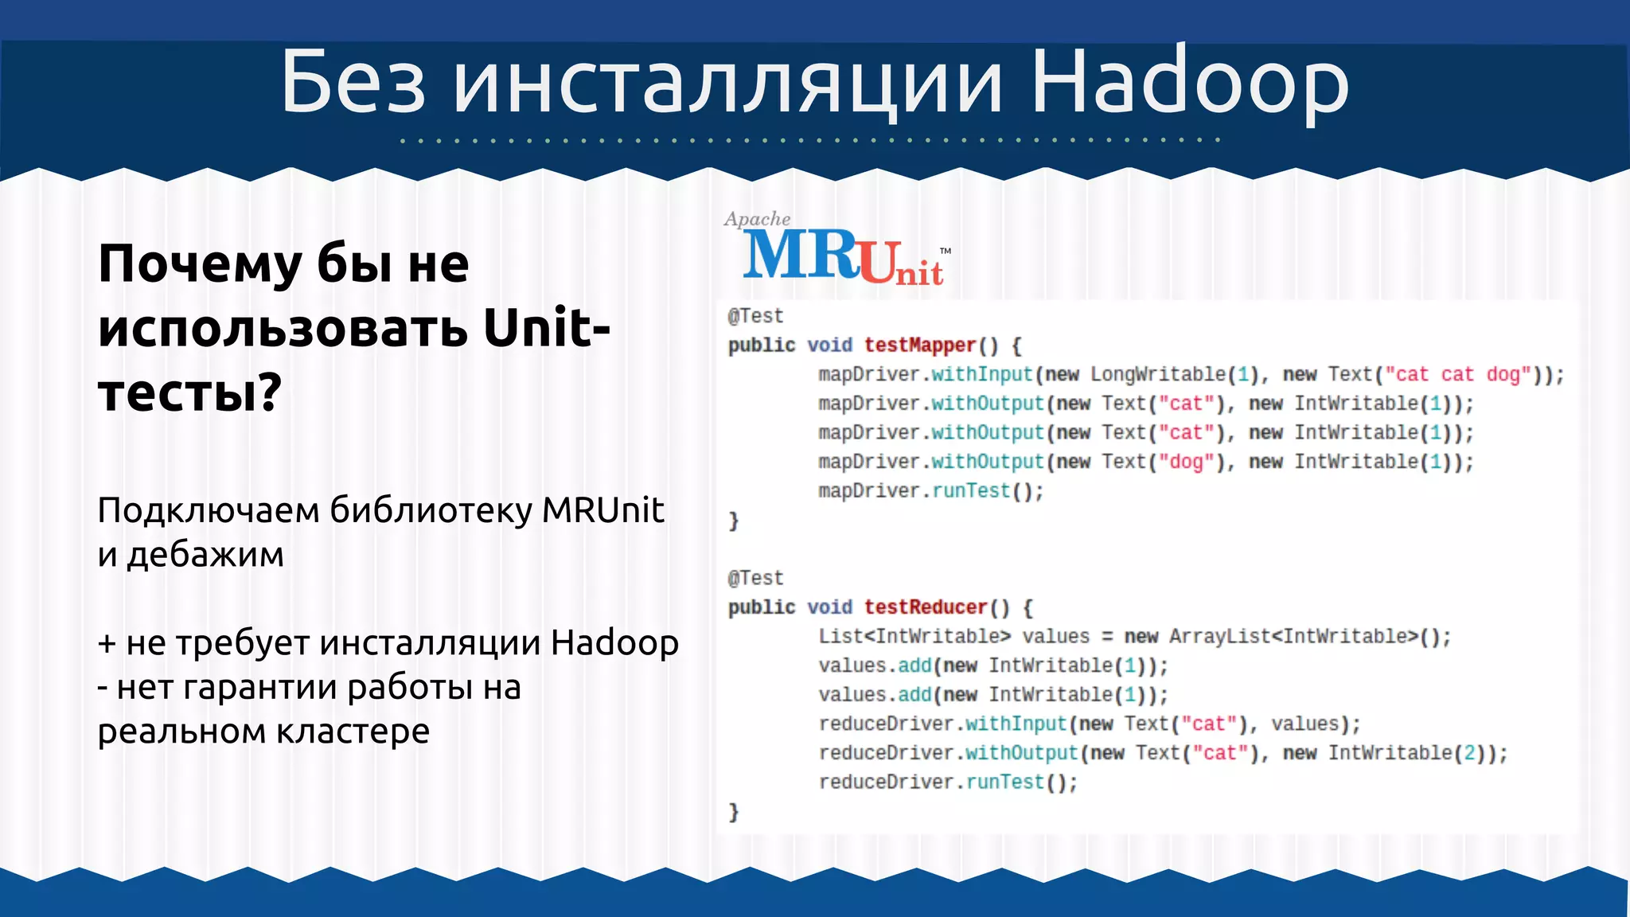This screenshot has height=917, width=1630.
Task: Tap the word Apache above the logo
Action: tap(757, 219)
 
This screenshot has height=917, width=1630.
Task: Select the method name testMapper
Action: tap(919, 345)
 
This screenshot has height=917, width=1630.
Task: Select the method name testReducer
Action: tap(925, 607)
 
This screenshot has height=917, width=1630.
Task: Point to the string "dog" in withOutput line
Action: tap(1186, 462)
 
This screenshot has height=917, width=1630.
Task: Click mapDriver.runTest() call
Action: tap(930, 491)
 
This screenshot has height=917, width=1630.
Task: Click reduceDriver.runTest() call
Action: tap(948, 782)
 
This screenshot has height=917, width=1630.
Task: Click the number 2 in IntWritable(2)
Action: tap(1469, 753)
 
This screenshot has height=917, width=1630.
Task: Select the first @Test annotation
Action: tap(755, 316)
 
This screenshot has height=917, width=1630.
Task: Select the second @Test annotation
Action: tap(755, 578)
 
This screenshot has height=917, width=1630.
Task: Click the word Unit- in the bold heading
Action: tap(547, 328)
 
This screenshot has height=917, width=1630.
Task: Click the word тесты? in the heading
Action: tap(189, 393)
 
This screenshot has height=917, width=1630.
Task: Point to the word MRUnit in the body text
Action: tap(602, 510)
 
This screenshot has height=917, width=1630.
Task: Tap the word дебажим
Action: tap(205, 555)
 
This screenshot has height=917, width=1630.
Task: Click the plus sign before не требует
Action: tap(107, 643)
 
